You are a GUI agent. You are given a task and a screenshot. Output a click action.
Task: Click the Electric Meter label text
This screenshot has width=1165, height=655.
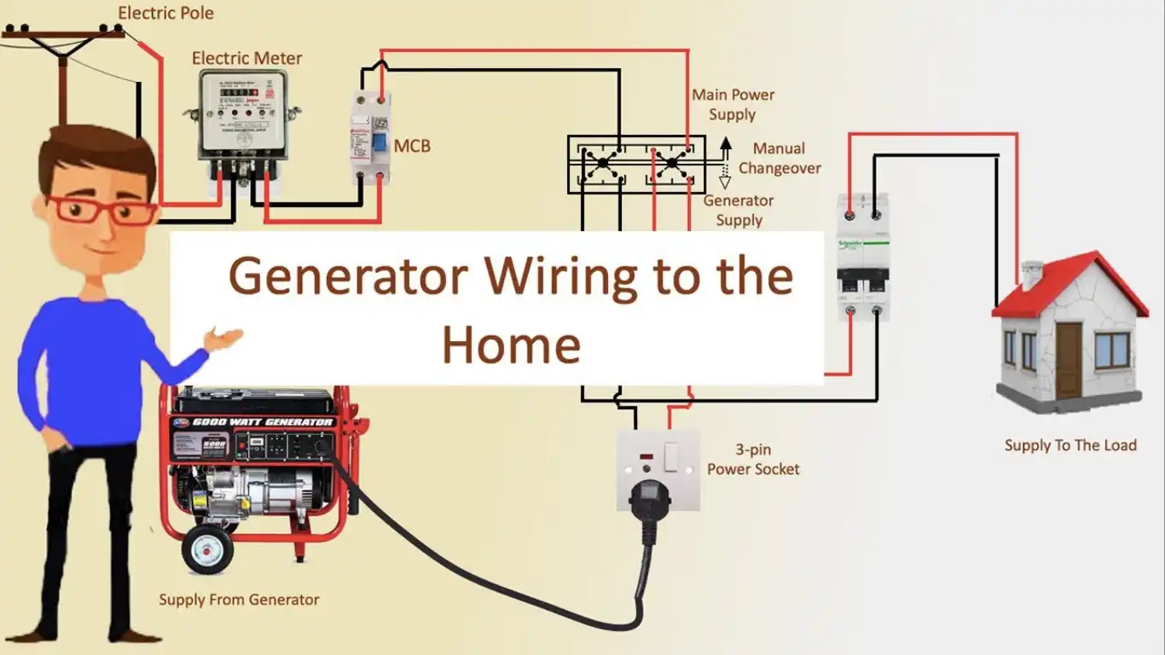246,58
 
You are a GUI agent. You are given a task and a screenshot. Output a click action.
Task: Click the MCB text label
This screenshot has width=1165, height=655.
412,146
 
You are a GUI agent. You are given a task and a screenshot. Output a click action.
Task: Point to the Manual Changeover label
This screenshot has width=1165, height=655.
780,158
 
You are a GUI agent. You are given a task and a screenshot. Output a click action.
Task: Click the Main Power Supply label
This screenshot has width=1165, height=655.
733,104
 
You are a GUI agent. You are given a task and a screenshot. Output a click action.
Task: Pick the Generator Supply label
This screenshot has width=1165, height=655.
739,210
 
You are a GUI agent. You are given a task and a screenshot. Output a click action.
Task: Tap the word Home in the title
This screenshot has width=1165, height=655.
511,345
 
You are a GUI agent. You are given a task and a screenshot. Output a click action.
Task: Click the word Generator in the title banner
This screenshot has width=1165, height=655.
348,276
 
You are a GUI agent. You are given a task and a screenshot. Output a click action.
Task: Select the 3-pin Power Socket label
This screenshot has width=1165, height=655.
753,459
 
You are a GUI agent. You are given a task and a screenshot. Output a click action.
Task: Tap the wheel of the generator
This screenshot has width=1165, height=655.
207,548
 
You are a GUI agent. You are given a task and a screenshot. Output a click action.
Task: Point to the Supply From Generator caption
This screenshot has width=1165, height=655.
239,600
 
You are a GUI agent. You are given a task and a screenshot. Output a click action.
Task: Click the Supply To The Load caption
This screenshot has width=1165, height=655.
1070,444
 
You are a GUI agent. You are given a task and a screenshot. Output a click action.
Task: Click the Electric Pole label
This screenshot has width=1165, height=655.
165,13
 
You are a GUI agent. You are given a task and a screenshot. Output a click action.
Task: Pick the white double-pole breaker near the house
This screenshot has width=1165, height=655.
862,256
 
